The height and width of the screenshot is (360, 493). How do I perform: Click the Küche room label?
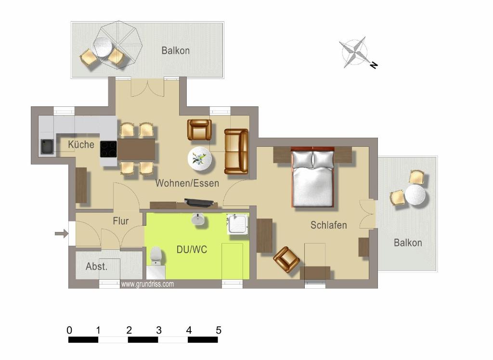[81, 144]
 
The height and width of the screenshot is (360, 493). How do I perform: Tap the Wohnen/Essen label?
[187, 183]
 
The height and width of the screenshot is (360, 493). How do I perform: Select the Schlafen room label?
[328, 225]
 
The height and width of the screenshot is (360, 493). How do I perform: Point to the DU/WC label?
[192, 250]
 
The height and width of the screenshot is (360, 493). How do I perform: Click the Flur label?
[121, 221]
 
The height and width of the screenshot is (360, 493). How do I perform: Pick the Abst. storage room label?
[96, 267]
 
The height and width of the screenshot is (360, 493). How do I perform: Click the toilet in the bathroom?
[156, 256]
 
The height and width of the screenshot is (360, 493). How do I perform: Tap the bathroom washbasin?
[198, 219]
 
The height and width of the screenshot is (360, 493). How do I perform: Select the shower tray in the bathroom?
[237, 224]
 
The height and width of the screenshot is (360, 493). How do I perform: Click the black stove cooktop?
[108, 149]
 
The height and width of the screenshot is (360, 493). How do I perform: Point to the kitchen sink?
[47, 147]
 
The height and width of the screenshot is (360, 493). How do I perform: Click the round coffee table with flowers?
[200, 159]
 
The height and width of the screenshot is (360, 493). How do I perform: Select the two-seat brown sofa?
[236, 151]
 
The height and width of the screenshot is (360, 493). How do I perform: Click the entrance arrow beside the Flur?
[61, 233]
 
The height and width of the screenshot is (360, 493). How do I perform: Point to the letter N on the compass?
[374, 65]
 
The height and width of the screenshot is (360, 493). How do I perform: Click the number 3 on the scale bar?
[158, 330]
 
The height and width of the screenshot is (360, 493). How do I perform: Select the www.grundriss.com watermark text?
[147, 284]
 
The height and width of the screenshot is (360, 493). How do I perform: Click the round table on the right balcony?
[415, 195]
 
